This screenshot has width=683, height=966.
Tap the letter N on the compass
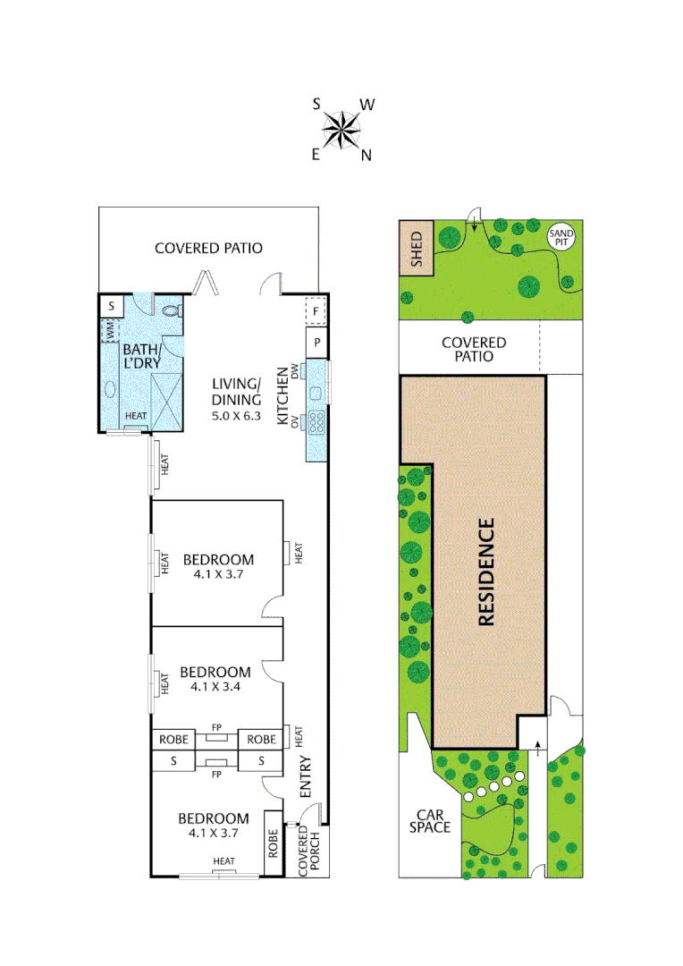[366, 156]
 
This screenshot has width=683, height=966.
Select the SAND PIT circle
[562, 237]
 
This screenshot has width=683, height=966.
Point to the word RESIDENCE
[486, 572]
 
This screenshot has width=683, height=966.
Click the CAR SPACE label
[428, 821]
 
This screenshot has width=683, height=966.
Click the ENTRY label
[305, 777]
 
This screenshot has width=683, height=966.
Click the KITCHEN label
[282, 401]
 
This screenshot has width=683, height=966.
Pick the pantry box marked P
[316, 342]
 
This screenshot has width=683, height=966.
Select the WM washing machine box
[109, 330]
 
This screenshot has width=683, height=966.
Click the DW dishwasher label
[293, 369]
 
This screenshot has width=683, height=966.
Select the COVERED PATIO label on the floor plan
[208, 248]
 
